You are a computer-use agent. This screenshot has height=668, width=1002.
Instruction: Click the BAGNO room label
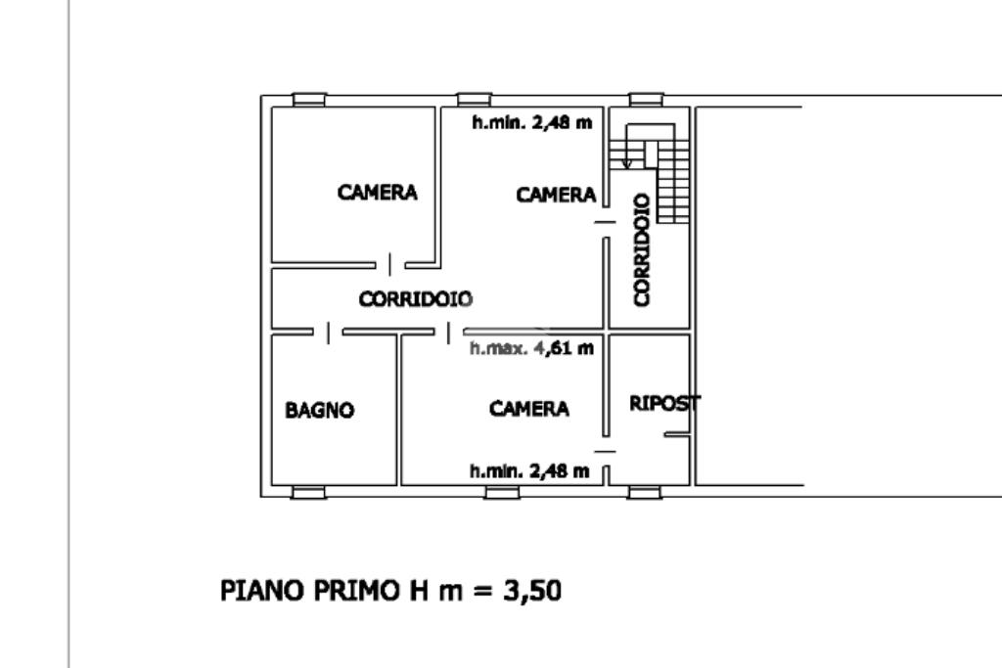[x=320, y=410]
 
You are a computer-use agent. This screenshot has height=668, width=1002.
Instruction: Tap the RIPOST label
[x=664, y=403]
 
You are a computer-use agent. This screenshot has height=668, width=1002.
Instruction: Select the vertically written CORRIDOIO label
[x=642, y=249]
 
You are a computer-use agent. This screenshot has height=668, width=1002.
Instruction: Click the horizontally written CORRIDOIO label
[x=415, y=298]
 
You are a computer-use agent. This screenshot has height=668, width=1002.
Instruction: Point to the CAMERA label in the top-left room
[x=377, y=193]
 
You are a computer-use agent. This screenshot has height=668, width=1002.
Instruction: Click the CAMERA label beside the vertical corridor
[x=556, y=195]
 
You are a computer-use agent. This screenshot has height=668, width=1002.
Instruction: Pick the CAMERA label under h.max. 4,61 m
[x=529, y=408]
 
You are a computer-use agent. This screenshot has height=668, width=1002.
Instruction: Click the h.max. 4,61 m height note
[x=531, y=348]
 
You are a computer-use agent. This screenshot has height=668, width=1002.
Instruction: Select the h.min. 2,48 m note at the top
[x=531, y=122]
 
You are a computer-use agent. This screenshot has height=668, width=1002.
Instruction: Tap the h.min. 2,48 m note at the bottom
[x=529, y=471]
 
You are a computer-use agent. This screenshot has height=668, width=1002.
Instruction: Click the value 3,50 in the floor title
[x=532, y=590]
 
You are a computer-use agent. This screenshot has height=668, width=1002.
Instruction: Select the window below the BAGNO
[x=308, y=492]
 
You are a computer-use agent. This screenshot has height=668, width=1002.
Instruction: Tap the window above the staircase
[x=646, y=100]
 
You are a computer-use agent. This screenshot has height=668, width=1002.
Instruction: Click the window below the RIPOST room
[x=644, y=492]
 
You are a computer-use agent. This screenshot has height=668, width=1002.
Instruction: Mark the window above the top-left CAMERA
[x=309, y=100]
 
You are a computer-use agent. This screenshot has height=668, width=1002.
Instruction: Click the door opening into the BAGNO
[x=329, y=333]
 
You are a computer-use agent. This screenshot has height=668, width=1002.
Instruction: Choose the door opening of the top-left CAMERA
[x=390, y=264]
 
